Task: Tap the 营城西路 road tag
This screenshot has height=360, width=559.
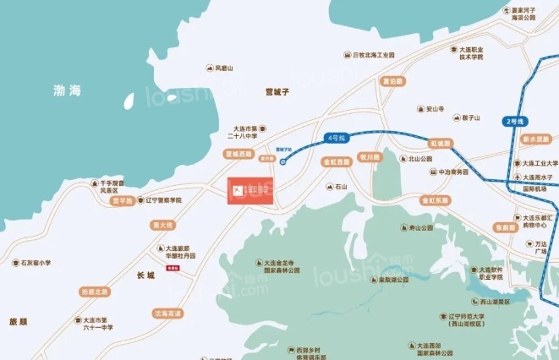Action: click(x=238, y=154)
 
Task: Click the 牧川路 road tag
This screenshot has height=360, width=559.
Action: click(x=370, y=157)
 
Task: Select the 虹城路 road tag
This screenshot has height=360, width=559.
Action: click(x=440, y=143)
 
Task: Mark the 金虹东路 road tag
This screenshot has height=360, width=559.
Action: click(x=435, y=200)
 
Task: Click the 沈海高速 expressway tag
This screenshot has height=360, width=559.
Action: click(x=167, y=313)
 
